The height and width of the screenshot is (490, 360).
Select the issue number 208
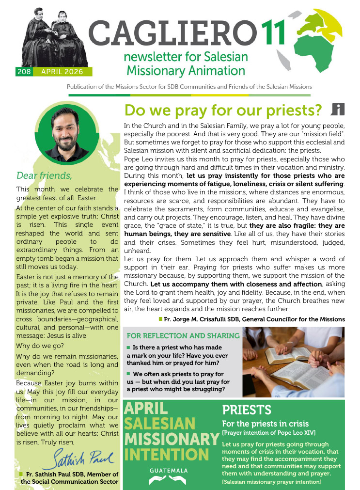point(24,72)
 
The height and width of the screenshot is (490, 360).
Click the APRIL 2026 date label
point(63,72)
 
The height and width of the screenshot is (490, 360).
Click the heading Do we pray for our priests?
point(223,111)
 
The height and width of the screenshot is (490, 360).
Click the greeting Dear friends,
point(44,175)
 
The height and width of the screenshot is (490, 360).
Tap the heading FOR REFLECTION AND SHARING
point(183,336)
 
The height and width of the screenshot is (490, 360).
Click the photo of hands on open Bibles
point(293,362)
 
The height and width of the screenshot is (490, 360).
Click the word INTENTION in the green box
point(159,455)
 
